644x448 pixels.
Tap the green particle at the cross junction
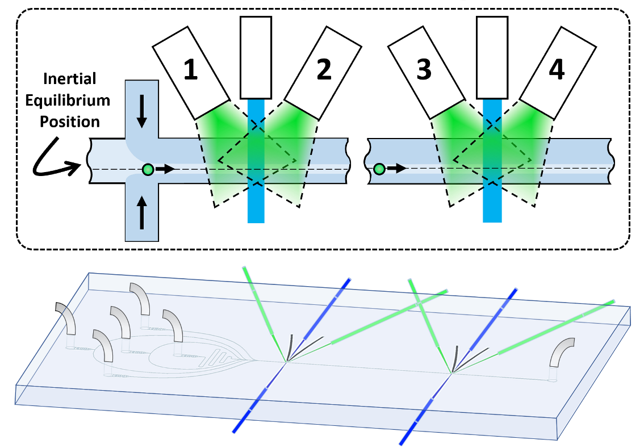click(x=148, y=169)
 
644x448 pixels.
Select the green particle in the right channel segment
click(x=379, y=169)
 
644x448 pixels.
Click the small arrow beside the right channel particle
click(x=397, y=169)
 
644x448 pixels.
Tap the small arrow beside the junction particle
click(x=166, y=169)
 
